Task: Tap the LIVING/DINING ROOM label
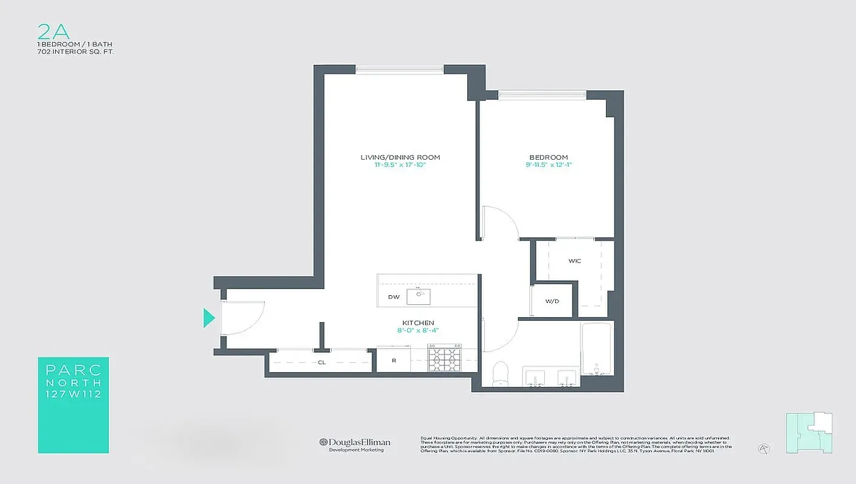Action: [400, 157]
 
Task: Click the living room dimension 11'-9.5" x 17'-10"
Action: [400, 164]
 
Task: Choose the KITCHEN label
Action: [418, 323]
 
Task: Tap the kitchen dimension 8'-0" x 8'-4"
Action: [418, 330]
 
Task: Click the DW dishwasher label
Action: [393, 297]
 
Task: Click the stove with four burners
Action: [444, 358]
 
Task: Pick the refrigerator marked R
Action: [393, 361]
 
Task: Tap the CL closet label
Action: [321, 363]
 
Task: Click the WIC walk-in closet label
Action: [575, 261]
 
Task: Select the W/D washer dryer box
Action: [551, 300]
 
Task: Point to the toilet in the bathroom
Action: [501, 373]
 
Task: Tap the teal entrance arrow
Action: [209, 318]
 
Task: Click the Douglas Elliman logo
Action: [355, 443]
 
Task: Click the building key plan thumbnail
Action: [809, 433]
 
